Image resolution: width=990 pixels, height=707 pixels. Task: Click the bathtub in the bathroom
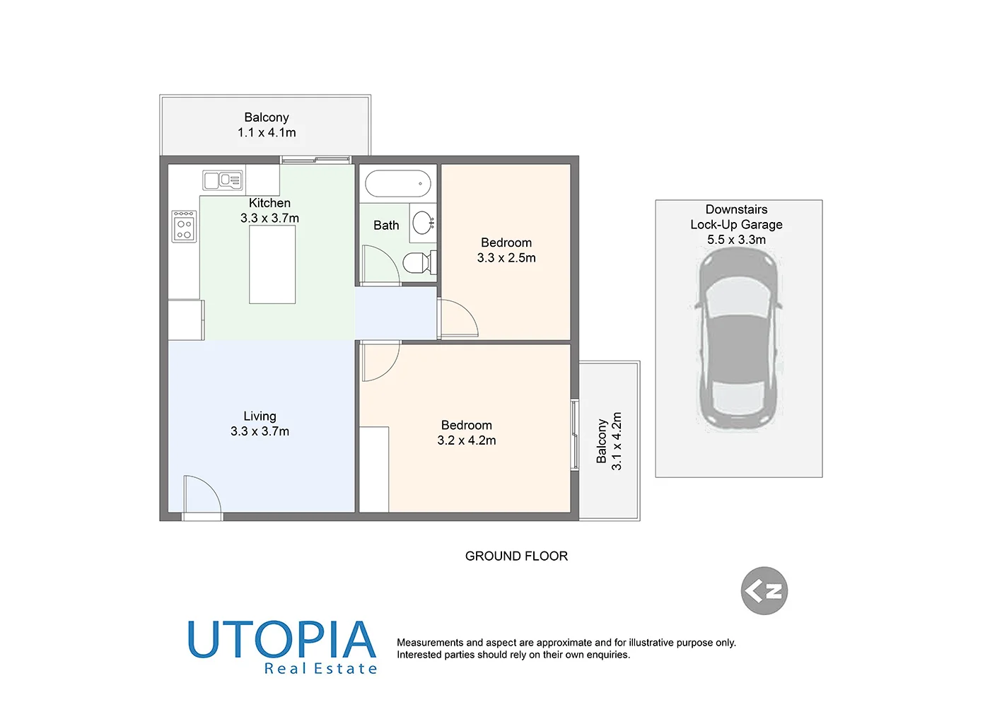click(x=398, y=184)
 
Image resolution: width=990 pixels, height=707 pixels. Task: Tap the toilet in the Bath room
click(x=419, y=264)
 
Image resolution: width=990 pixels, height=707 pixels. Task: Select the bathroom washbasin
click(x=423, y=222)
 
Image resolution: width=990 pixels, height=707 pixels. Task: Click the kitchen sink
click(x=222, y=180)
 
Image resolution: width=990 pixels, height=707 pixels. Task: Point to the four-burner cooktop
click(x=184, y=227)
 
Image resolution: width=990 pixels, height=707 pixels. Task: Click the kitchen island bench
click(x=272, y=265)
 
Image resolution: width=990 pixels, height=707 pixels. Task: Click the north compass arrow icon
click(x=764, y=590)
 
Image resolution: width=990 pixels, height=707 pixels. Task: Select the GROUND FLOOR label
click(x=516, y=556)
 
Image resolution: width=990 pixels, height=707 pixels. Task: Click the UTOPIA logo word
click(x=281, y=640)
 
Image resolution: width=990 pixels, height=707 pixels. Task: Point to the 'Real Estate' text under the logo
click(x=320, y=669)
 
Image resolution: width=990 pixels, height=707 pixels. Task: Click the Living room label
click(x=260, y=416)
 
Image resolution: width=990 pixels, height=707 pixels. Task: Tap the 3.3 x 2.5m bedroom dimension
click(x=506, y=258)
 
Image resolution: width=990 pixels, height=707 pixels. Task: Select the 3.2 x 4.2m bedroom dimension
click(x=467, y=440)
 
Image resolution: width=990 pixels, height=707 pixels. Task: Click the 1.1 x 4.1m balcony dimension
click(x=267, y=133)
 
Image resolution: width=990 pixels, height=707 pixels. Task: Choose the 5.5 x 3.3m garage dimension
click(x=736, y=240)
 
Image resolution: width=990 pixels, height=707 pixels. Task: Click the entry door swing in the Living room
click(x=202, y=495)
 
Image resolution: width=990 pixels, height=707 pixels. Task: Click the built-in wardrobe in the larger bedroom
click(x=374, y=469)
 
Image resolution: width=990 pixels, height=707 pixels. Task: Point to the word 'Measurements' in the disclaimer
click(x=430, y=643)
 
